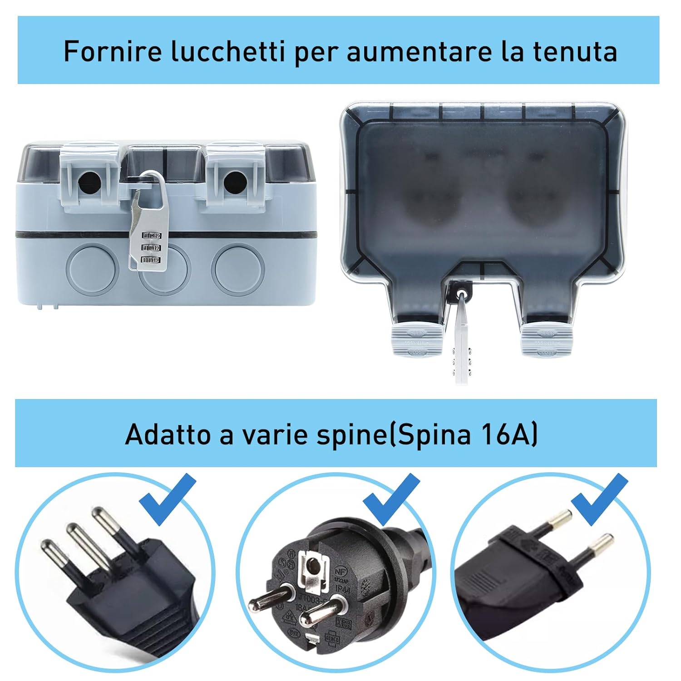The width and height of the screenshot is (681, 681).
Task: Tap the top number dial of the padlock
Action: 152,236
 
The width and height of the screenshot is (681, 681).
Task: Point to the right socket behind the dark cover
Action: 533,186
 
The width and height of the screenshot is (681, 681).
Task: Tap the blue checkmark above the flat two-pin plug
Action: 599,498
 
